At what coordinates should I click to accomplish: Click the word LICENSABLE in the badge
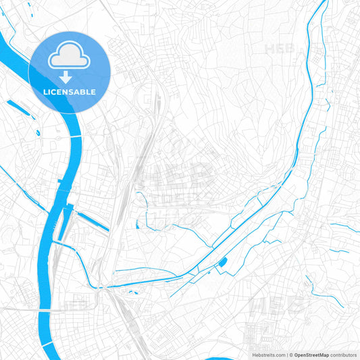click(70, 91)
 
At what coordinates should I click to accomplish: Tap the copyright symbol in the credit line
click(290, 354)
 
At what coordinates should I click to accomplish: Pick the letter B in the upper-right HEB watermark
click(297, 49)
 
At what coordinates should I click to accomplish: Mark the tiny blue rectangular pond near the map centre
click(137, 225)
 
